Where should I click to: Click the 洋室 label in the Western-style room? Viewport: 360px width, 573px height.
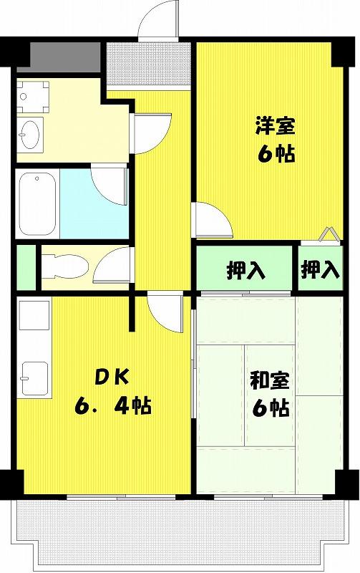point(275,125)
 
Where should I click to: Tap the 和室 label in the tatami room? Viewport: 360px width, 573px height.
point(269,381)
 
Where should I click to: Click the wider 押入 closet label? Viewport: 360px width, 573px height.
point(245,271)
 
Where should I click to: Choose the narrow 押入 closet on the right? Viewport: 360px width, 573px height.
point(320,270)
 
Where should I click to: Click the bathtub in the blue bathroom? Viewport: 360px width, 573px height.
point(38,203)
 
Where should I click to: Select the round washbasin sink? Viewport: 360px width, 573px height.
point(30,133)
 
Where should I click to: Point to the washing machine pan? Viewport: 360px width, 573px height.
point(33,97)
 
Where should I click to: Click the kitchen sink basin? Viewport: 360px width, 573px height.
point(35,378)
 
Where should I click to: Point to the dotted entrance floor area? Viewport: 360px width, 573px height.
point(149,64)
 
